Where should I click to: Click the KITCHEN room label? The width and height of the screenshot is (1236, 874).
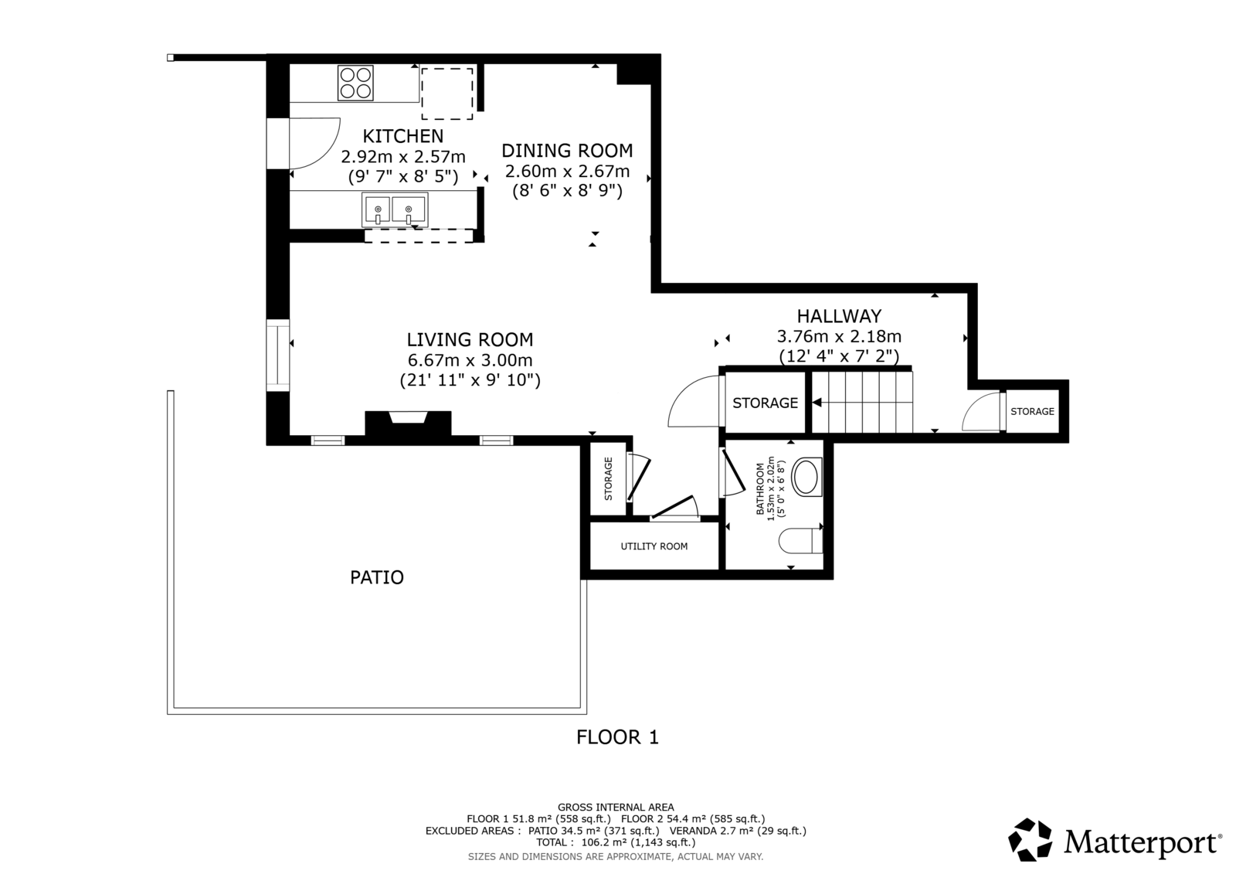(402, 136)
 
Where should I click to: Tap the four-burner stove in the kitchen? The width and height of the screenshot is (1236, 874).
(355, 83)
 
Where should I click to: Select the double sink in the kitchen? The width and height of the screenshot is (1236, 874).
(395, 209)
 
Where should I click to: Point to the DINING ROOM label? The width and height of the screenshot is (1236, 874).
(567, 150)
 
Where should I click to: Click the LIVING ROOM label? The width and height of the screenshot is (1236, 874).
(470, 339)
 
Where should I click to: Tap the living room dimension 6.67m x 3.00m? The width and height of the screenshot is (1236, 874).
(470, 360)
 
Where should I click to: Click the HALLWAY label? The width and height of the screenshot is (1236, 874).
(839, 316)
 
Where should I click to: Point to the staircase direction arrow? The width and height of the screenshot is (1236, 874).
(817, 403)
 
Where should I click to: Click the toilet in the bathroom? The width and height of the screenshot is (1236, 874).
(800, 541)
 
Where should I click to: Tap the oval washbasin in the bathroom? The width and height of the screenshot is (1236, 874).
(806, 477)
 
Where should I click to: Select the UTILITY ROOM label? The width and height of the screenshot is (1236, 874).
(654, 546)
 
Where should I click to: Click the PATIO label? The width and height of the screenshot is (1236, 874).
(377, 577)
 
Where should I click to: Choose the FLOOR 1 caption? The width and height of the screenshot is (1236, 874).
(617, 737)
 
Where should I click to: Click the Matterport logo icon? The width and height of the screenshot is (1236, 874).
(1030, 840)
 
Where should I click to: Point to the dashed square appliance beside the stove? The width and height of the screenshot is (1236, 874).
(447, 94)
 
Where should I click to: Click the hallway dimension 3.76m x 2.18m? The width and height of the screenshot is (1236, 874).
(839, 336)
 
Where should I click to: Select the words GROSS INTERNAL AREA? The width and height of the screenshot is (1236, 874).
(616, 808)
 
